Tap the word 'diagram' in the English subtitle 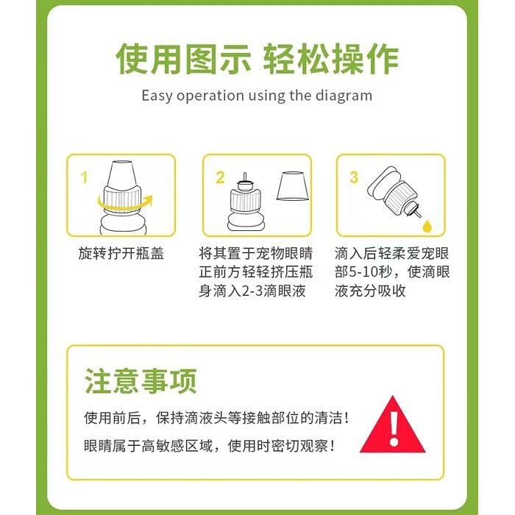[345, 96]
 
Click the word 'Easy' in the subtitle [157, 96]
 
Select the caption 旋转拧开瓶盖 [121, 254]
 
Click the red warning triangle [395, 426]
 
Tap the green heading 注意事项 [141, 382]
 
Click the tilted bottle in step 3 [394, 193]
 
